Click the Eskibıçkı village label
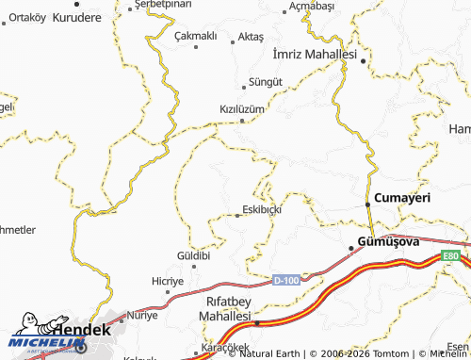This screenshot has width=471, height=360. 262,209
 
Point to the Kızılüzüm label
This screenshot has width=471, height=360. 242,108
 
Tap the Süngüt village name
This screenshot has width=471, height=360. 265,82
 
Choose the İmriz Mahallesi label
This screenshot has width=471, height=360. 312,55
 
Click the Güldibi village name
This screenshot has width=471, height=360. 192,255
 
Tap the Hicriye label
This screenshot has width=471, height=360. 168,281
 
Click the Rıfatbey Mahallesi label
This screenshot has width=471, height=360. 227,313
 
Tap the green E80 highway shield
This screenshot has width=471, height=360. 453,254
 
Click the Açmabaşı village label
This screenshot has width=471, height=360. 312,6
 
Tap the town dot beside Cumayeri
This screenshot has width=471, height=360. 366,205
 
